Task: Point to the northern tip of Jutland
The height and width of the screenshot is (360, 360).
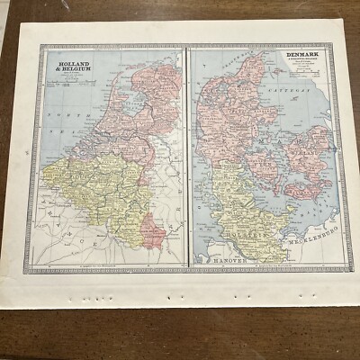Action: (x=262, y=54)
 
